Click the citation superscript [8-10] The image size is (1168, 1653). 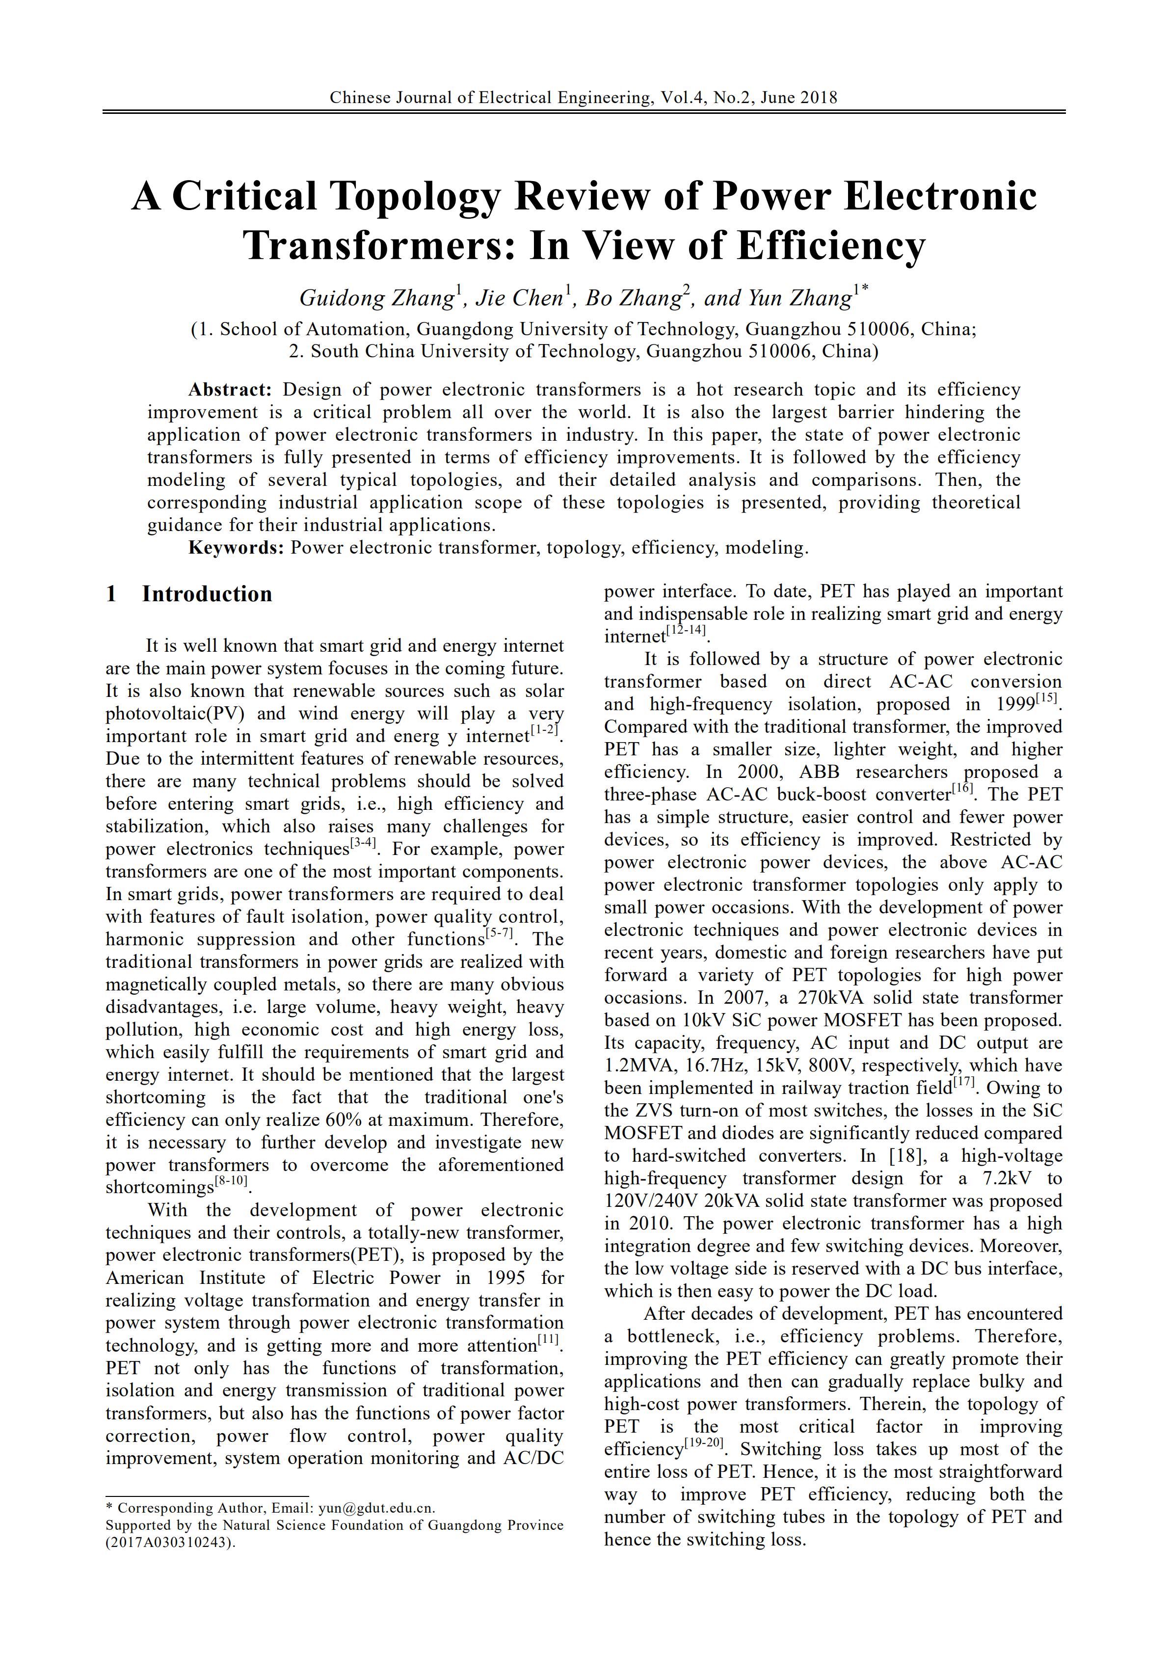coord(231,1181)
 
